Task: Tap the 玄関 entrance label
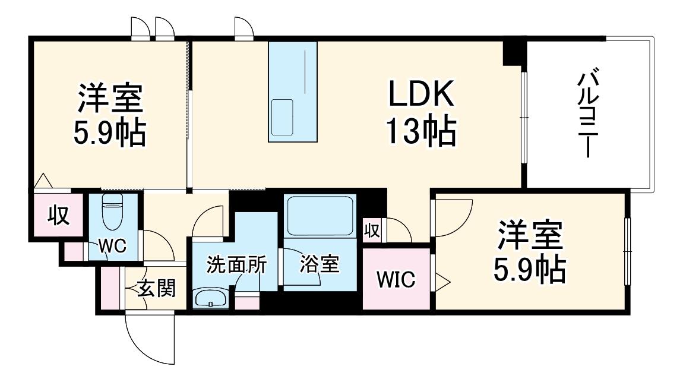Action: coord(157,289)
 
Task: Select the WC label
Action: coord(113,247)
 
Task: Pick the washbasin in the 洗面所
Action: coord(210,298)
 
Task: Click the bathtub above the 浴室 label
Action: coord(320,217)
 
